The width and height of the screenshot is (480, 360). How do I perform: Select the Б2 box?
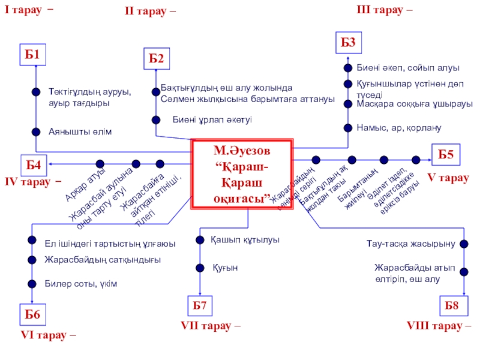[156, 59]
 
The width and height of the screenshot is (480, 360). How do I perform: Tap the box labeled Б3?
[349, 42]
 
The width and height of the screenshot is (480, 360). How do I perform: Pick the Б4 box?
[34, 163]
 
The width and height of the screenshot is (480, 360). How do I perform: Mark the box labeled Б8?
[452, 306]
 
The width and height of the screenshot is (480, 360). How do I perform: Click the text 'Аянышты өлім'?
[80, 131]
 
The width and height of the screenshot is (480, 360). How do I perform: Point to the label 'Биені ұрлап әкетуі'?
[212, 119]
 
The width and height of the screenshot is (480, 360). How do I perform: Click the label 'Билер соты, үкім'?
[80, 283]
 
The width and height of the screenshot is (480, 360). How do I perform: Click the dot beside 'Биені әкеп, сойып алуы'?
[347, 68]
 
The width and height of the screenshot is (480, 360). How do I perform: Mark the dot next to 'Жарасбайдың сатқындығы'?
[32, 260]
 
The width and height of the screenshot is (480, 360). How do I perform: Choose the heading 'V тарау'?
[447, 178]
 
